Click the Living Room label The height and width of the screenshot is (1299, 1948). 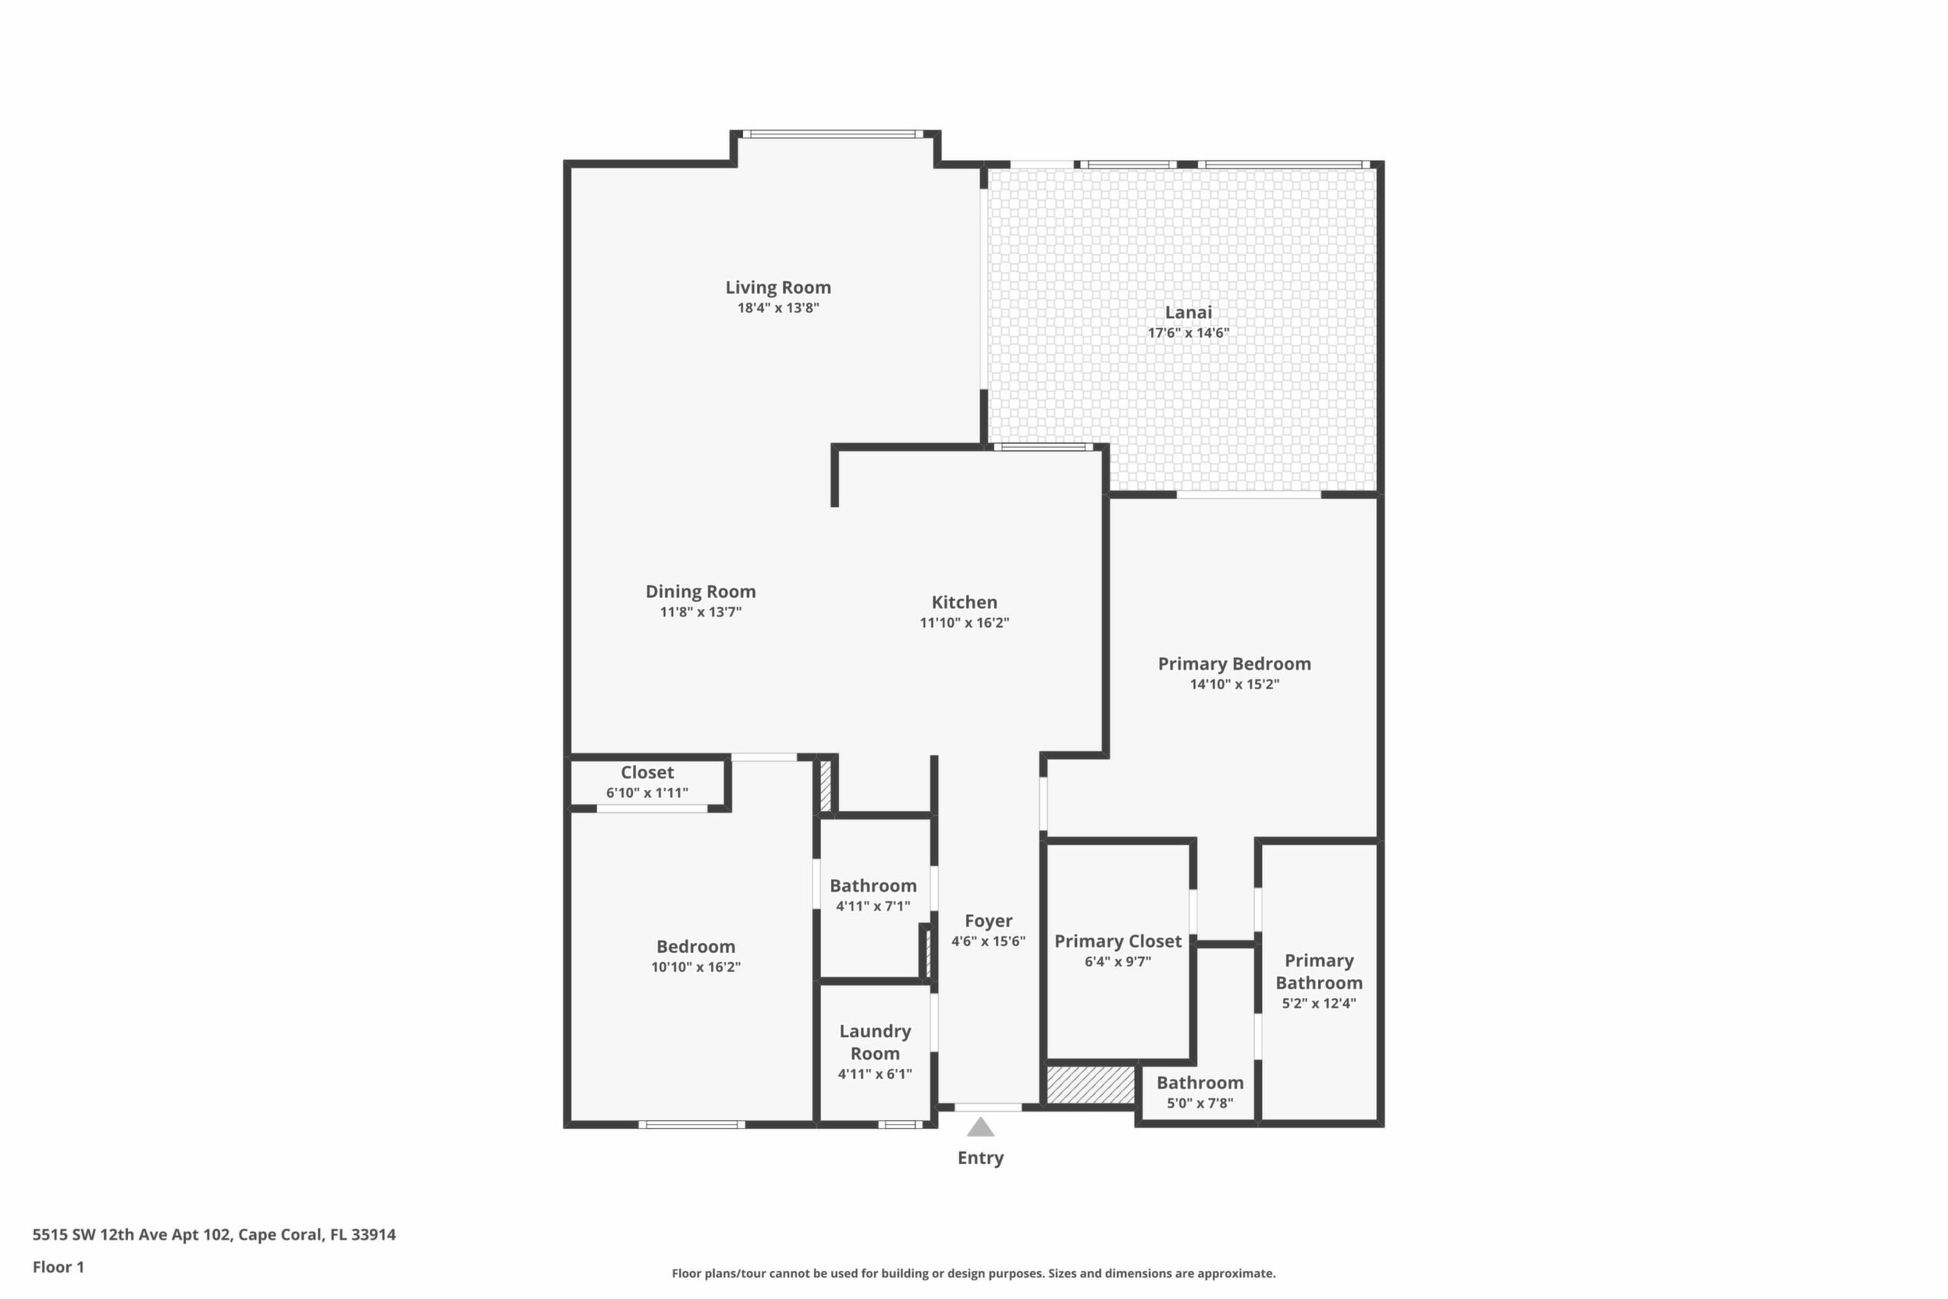pos(777,287)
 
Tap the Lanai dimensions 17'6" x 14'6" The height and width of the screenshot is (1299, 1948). pos(1189,333)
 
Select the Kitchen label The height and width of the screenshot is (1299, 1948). pos(964,603)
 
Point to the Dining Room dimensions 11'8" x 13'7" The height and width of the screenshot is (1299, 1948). pos(701,612)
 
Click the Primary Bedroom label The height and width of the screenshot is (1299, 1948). pos(1234,664)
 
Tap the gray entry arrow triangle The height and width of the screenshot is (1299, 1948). pos(980,1126)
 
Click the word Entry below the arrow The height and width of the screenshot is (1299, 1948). pos(980,1158)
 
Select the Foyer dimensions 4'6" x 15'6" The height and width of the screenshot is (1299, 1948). pos(988,941)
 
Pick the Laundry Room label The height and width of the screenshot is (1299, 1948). pos(875,1042)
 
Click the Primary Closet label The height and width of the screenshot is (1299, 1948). pos(1118,941)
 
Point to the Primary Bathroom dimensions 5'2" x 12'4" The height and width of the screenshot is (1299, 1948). pos(1318,1003)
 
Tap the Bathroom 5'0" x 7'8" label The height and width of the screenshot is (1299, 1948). pos(1200,1083)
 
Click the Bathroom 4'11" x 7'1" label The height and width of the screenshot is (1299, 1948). pos(873,885)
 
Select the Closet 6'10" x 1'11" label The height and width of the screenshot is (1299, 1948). pos(647,772)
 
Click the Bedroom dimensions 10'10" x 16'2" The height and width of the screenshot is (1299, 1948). pos(695,966)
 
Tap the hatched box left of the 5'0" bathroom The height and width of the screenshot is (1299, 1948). pos(1091,1084)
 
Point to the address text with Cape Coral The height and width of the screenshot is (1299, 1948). pos(214,1234)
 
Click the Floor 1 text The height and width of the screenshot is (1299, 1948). pos(58,1267)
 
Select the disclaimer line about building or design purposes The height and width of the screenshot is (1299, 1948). pos(973,1273)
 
